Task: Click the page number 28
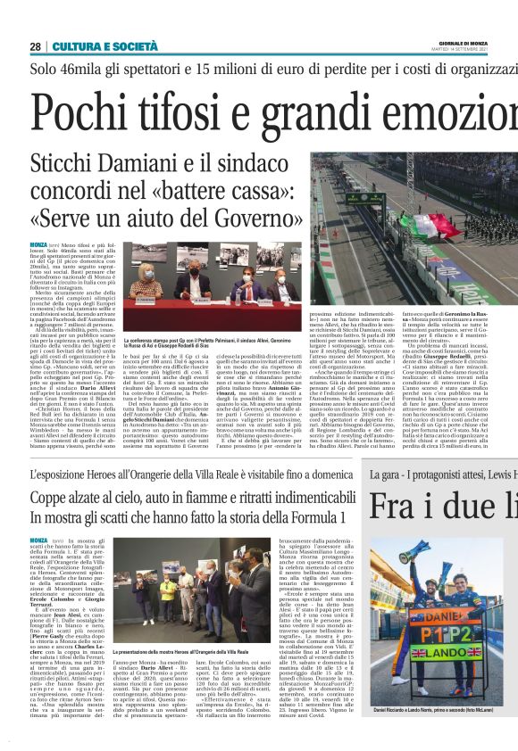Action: [x=35, y=46]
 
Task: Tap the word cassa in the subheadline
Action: [x=255, y=193]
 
